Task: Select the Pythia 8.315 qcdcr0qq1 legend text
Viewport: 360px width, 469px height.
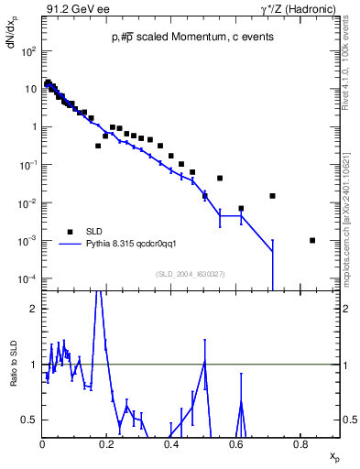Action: (137, 244)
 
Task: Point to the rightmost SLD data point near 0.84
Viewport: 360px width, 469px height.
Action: (312, 240)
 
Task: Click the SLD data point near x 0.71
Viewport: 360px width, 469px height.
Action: (272, 196)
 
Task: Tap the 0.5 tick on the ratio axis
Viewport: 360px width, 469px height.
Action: (30, 420)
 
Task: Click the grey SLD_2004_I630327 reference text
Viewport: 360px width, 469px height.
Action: (191, 273)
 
